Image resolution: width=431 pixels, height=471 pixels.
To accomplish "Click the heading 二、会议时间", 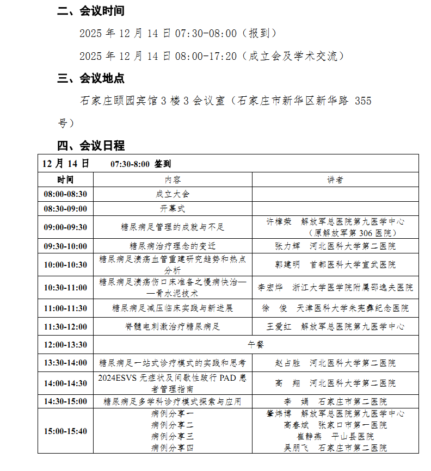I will (91, 11).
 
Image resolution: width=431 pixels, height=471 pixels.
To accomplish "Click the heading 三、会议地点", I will (91, 78).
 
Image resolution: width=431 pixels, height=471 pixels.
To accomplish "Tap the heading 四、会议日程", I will (91, 146).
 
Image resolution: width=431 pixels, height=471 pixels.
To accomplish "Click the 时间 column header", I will (65, 179).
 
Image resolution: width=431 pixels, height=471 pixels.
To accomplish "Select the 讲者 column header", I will (335, 179).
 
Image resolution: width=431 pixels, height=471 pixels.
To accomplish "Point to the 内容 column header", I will (173, 179).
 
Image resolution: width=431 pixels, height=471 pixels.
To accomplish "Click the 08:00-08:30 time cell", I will (65, 194).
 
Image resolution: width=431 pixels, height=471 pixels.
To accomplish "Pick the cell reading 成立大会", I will (173, 194).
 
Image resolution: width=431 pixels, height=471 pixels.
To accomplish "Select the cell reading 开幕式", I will (173, 208).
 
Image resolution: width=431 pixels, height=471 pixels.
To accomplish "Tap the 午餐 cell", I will (255, 345).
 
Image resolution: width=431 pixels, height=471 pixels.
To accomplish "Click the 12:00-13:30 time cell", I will (65, 345).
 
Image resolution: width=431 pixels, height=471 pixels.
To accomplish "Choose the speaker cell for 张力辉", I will (335, 246).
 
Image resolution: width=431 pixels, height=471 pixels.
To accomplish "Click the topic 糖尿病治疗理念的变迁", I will (173, 246).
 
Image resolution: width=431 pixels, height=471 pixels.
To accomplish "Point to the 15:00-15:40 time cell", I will (65, 431).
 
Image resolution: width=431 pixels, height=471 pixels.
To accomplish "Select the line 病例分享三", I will (173, 437).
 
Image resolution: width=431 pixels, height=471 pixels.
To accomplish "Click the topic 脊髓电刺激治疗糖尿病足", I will (173, 327).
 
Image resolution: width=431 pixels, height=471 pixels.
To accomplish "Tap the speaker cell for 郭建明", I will (335, 265).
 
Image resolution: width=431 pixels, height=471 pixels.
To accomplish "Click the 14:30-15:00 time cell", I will (65, 401).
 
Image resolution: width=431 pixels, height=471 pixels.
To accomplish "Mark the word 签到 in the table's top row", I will (163, 164).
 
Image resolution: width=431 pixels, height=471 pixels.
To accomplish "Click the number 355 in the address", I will (362, 101).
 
